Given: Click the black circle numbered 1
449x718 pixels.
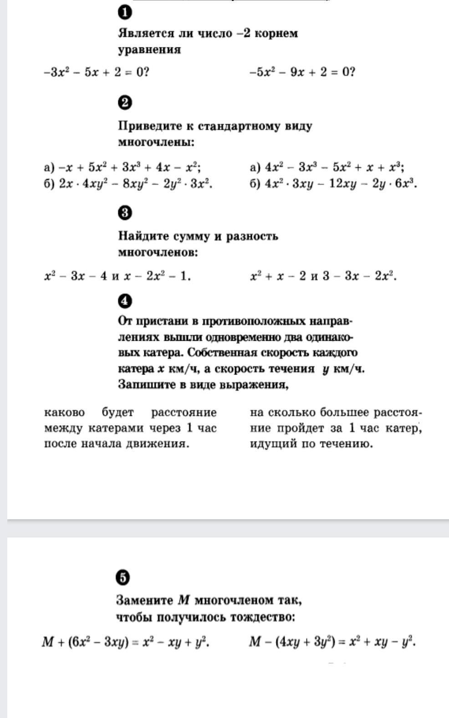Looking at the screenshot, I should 125,13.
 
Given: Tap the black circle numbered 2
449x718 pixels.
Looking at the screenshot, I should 125,103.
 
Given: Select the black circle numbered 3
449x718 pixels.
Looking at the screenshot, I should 125,212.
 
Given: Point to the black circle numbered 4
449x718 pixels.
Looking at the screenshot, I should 125,301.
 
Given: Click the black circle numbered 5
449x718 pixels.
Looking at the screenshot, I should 122,577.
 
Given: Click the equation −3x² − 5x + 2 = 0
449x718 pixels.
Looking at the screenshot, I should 97,72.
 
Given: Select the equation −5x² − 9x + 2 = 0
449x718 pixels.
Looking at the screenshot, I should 302,72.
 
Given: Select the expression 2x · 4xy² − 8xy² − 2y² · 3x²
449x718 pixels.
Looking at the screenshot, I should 135,184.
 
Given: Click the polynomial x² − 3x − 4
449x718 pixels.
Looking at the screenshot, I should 76,276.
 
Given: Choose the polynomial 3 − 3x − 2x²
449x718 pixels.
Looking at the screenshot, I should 359,276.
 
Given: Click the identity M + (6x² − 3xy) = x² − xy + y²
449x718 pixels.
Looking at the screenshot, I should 126,642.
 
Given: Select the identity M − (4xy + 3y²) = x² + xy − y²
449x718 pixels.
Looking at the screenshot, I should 332,642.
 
